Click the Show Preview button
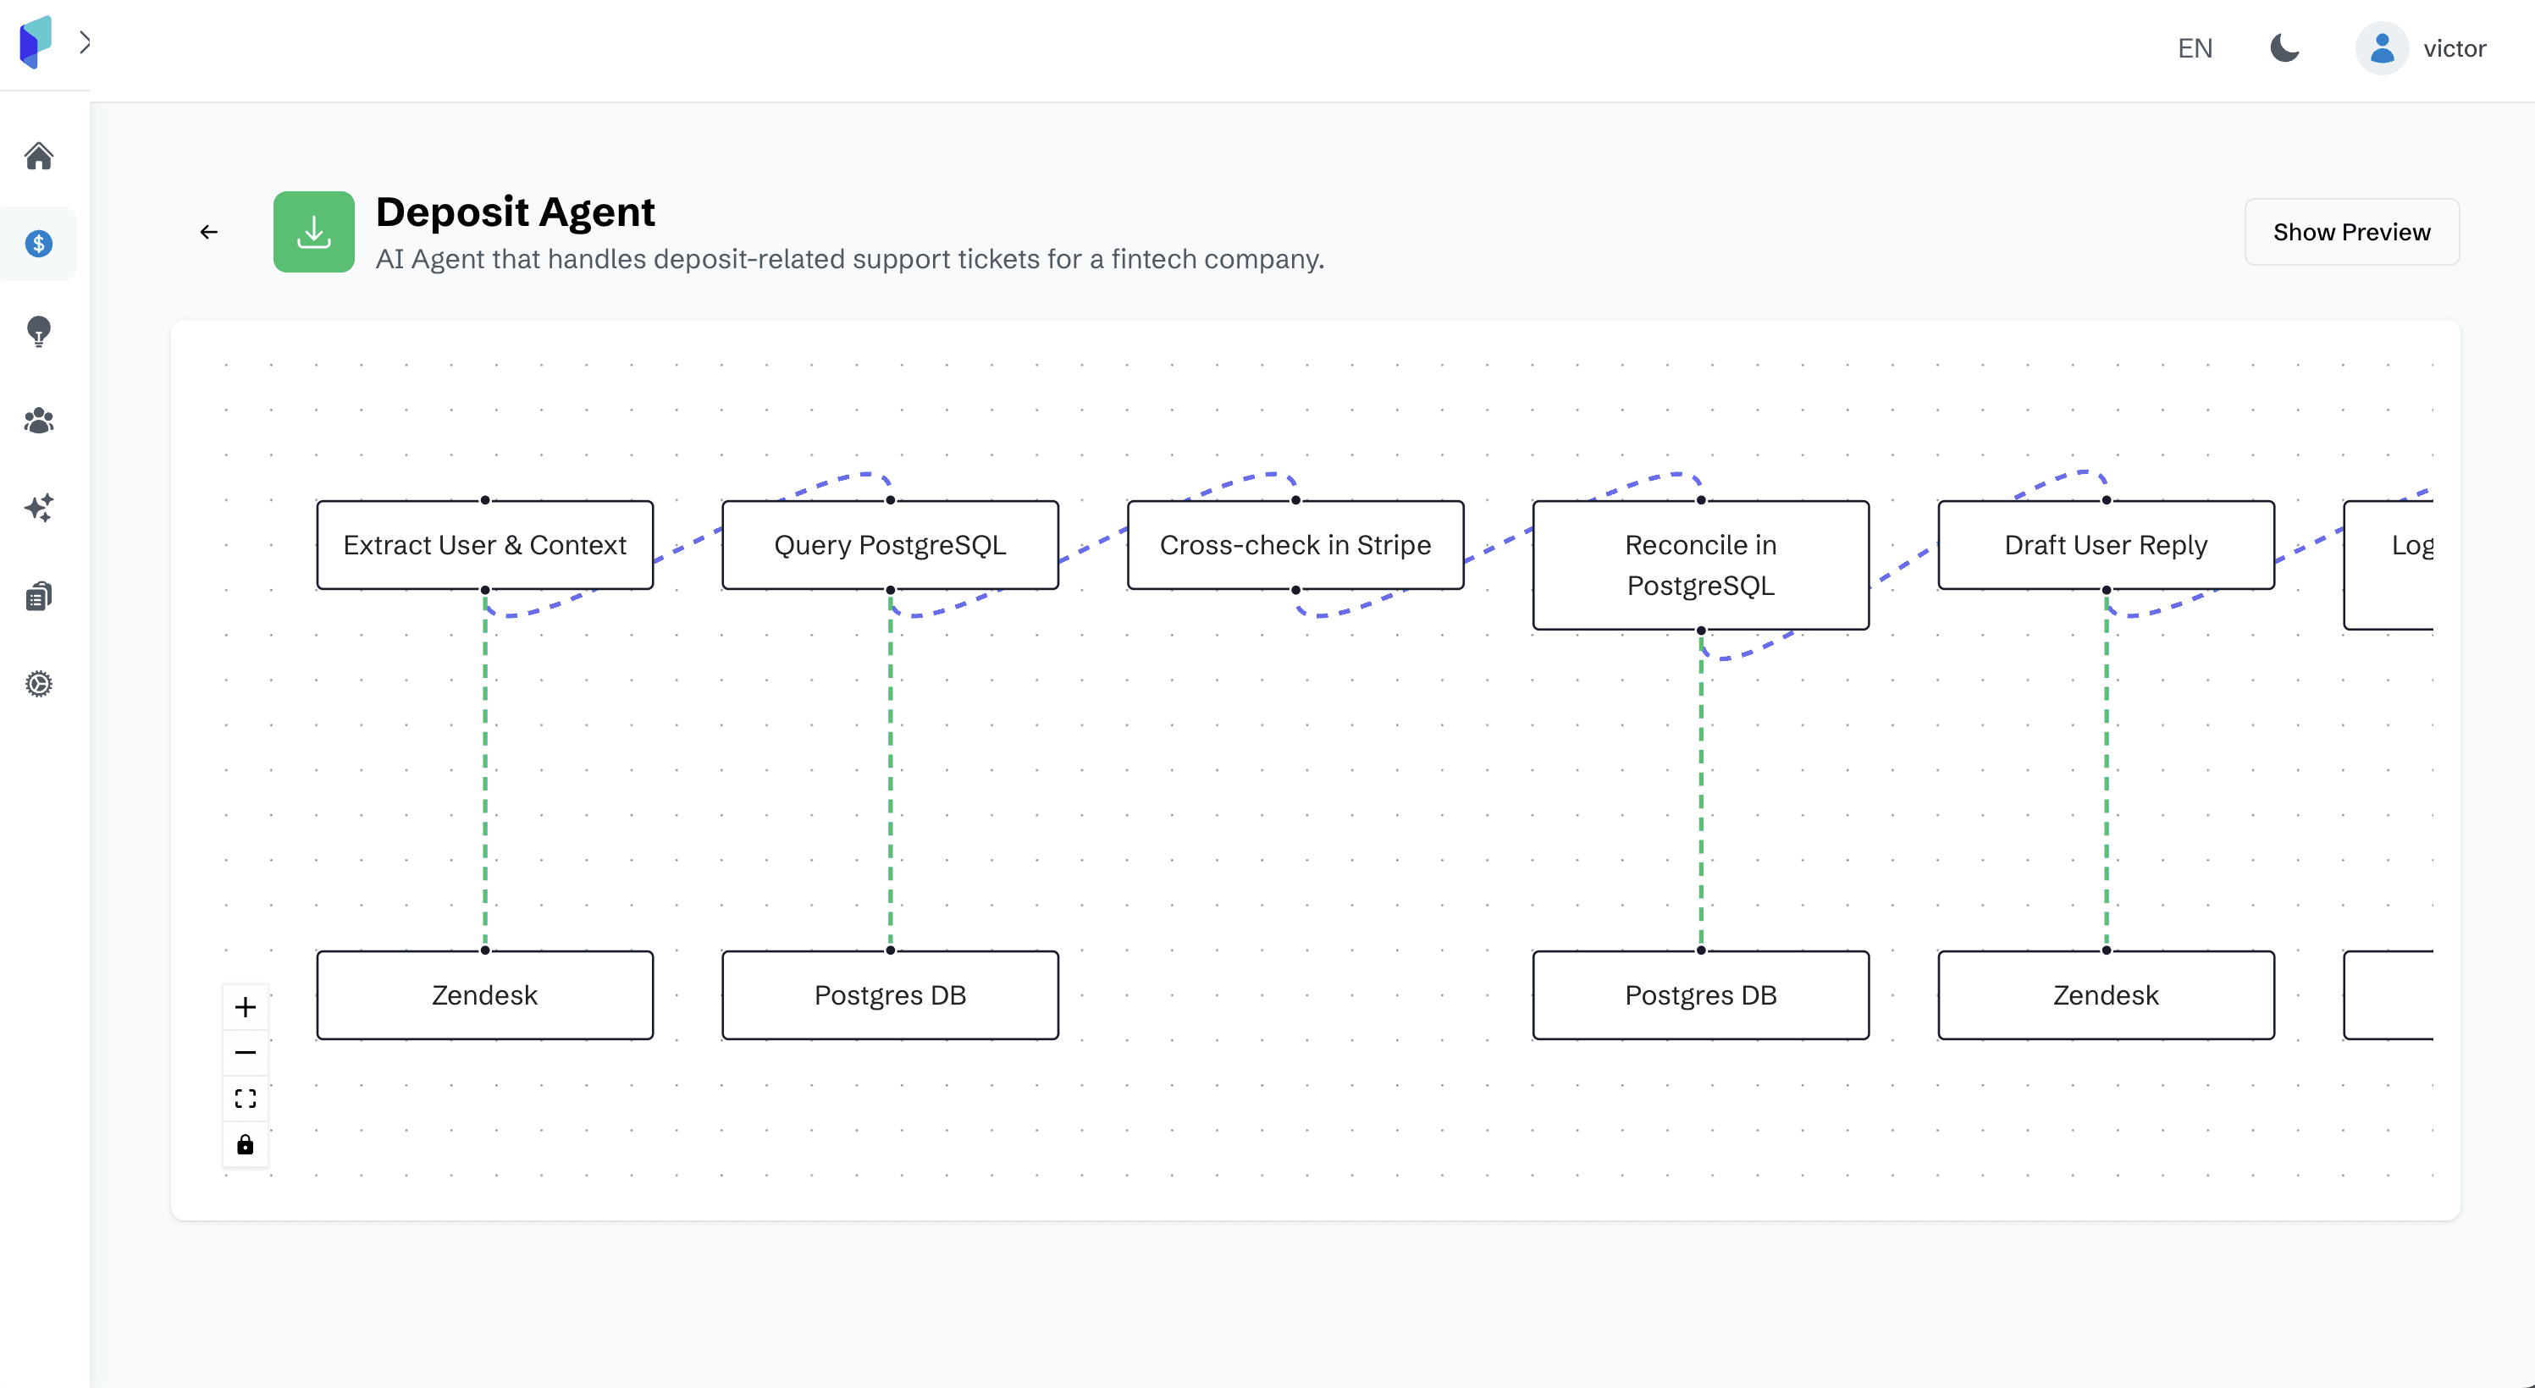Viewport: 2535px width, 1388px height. [2351, 232]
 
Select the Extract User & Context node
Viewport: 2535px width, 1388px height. [484, 545]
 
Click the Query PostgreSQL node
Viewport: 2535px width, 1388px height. [890, 545]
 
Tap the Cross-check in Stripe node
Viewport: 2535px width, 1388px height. [1295, 545]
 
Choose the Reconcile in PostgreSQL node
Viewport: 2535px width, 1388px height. [1700, 565]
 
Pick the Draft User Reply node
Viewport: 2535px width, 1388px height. [2106, 545]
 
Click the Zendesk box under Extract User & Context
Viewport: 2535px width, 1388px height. [484, 994]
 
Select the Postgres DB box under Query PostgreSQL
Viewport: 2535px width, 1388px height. [890, 994]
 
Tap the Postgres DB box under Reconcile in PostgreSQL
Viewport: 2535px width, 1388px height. [1700, 994]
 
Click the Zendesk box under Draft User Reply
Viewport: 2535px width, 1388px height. [2106, 994]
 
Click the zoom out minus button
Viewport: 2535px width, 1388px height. [245, 1053]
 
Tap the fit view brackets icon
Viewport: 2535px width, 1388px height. [245, 1098]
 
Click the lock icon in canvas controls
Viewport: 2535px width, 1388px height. [245, 1144]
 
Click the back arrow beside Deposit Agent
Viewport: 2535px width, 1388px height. [208, 232]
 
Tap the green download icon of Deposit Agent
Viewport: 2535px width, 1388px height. [314, 231]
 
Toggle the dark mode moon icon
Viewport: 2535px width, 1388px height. [2284, 47]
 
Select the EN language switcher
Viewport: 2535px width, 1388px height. [2195, 48]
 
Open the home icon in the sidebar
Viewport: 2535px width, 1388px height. [38, 156]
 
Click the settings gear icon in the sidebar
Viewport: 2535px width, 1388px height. [38, 684]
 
